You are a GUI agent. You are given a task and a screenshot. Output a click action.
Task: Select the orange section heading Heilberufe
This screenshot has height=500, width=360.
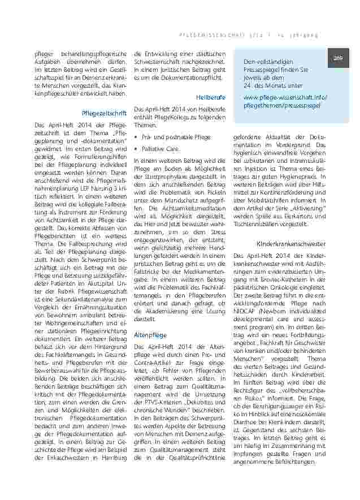coord(211,97)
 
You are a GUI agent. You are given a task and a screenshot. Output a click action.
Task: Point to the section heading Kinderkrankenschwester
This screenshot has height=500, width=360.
coord(291,243)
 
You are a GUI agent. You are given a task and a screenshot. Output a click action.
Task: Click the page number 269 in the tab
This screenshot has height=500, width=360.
coord(339,57)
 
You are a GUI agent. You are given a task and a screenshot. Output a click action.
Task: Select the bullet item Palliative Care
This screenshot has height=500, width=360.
coord(161,149)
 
